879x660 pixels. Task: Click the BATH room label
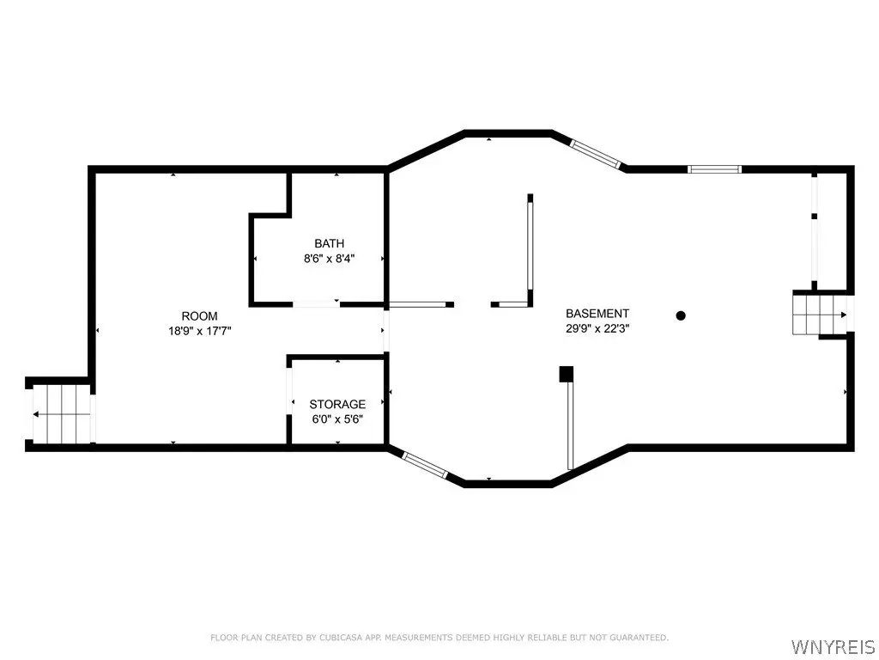329,243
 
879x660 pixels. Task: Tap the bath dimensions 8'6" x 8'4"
329,259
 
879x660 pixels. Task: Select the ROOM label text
199,316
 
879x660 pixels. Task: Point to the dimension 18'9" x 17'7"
199,331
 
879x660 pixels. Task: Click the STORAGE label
337,404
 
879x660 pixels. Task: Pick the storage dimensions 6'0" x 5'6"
337,419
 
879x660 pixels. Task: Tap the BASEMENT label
597,314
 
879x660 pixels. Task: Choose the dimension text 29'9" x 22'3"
597,329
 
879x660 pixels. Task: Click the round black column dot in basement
681,315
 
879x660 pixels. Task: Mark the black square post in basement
567,374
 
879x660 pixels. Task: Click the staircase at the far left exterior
61,414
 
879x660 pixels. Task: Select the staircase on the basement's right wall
819,315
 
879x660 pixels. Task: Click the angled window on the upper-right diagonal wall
596,154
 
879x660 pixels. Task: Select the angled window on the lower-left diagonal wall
425,465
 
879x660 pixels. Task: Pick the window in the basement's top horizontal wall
715,169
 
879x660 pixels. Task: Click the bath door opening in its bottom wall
317,304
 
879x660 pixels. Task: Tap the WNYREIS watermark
834,646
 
